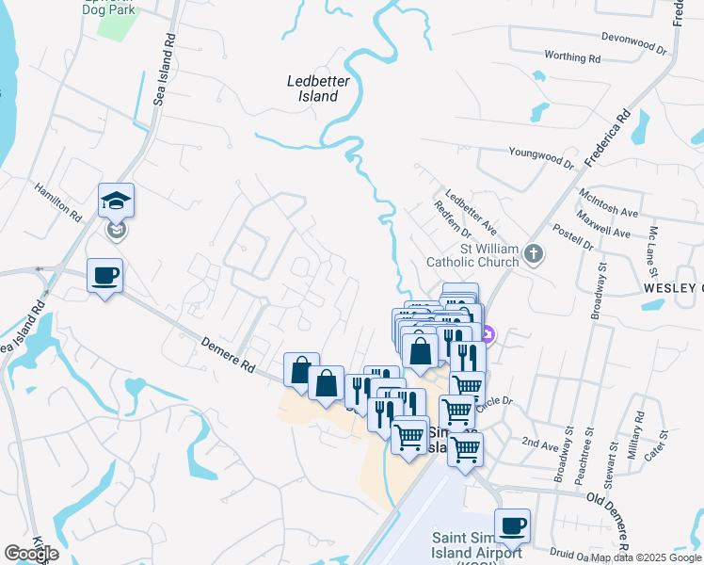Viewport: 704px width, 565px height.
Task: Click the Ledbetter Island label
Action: pos(312,89)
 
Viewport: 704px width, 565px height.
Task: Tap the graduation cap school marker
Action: pos(116,201)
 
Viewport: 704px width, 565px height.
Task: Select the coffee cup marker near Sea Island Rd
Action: pos(104,276)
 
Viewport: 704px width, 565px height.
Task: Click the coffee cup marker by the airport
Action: pos(512,526)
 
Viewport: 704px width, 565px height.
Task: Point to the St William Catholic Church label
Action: pos(472,255)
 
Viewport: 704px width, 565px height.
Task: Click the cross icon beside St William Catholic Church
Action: pos(534,254)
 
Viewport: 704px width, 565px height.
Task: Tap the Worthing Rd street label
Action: pos(571,57)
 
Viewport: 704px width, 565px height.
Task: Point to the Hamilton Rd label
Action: pos(58,202)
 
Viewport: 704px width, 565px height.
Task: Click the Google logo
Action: pos(32,554)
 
